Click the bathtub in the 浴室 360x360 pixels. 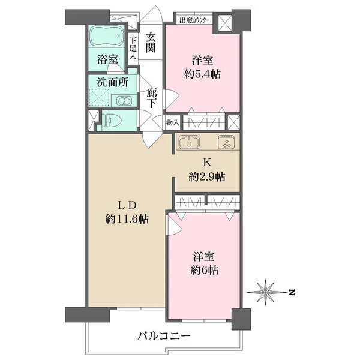(x=106, y=35)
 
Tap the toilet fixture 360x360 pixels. (x=112, y=120)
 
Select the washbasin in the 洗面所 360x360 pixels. (x=124, y=101)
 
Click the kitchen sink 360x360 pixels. (x=189, y=142)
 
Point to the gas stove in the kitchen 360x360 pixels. (x=226, y=142)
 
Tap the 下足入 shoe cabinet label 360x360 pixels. (x=133, y=48)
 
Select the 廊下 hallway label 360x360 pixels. (x=152, y=98)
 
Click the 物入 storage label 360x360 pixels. (x=172, y=122)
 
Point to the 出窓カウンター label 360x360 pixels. (x=194, y=20)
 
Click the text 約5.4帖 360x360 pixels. (x=202, y=74)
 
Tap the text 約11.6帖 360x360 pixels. (x=127, y=219)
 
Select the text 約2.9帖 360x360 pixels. (x=207, y=177)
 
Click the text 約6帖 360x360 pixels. (x=205, y=270)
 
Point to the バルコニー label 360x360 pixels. (x=164, y=337)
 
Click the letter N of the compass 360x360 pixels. (x=292, y=293)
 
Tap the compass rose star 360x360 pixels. (x=266, y=292)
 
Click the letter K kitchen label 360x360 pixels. (x=207, y=163)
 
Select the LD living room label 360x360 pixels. (x=127, y=205)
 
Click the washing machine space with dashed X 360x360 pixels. (x=99, y=98)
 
